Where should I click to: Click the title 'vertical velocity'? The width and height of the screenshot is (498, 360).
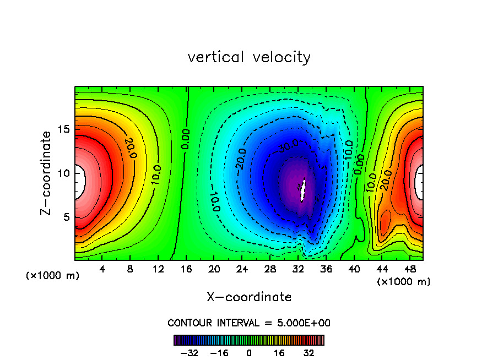(249, 57)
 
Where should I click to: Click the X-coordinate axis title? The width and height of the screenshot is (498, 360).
(249, 297)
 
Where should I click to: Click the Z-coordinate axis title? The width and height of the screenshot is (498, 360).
(47, 173)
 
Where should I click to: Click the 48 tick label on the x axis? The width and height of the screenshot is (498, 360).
(409, 270)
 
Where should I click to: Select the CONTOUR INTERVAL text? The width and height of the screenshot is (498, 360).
(249, 323)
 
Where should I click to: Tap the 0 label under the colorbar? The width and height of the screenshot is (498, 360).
(249, 353)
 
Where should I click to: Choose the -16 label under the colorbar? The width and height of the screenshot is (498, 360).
(220, 353)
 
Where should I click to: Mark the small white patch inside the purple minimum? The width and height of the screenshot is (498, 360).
(302, 192)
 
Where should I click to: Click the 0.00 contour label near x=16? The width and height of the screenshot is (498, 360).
(186, 139)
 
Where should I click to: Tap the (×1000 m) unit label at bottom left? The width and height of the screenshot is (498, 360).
(53, 275)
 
